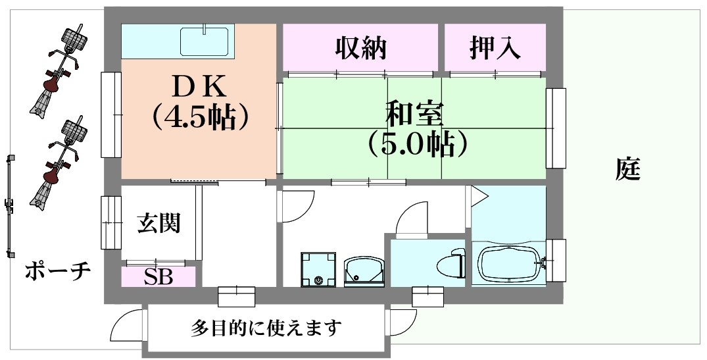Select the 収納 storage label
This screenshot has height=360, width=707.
(360, 47)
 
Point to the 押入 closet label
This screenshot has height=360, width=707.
(495, 47)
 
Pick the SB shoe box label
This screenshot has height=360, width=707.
(158, 277)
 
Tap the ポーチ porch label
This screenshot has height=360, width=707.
(57, 271)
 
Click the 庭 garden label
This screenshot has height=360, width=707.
(628, 170)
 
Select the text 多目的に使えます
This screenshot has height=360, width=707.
(266, 327)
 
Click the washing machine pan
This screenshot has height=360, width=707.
(318, 270)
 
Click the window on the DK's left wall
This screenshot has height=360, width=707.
(110, 115)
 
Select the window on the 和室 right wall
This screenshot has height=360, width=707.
(556, 128)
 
